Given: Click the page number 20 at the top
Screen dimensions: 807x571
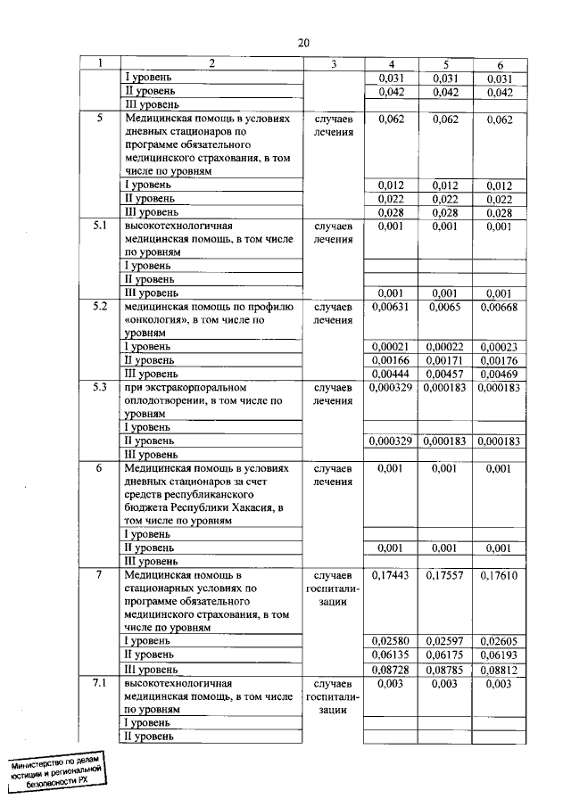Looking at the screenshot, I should click(x=303, y=43).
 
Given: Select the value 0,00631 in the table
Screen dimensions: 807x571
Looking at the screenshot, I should click(x=389, y=307).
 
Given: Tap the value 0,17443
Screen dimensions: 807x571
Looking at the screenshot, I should click(x=389, y=576).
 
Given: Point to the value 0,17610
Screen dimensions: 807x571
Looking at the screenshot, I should click(x=500, y=576).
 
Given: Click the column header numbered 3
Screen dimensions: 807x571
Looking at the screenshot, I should click(x=333, y=63).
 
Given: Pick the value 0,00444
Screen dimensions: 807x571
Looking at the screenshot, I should click(x=389, y=373).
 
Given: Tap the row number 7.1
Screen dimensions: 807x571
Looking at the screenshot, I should click(x=100, y=683).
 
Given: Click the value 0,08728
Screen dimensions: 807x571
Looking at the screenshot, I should click(x=389, y=669).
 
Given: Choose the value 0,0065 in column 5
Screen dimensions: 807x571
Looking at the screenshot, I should click(x=444, y=307).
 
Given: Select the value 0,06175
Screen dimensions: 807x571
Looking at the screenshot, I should click(x=444, y=655).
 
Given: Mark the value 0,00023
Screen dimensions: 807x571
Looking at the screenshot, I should click(x=500, y=346).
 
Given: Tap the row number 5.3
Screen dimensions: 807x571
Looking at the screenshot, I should click(x=100, y=388).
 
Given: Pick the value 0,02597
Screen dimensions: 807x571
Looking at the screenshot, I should click(x=444, y=641).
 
